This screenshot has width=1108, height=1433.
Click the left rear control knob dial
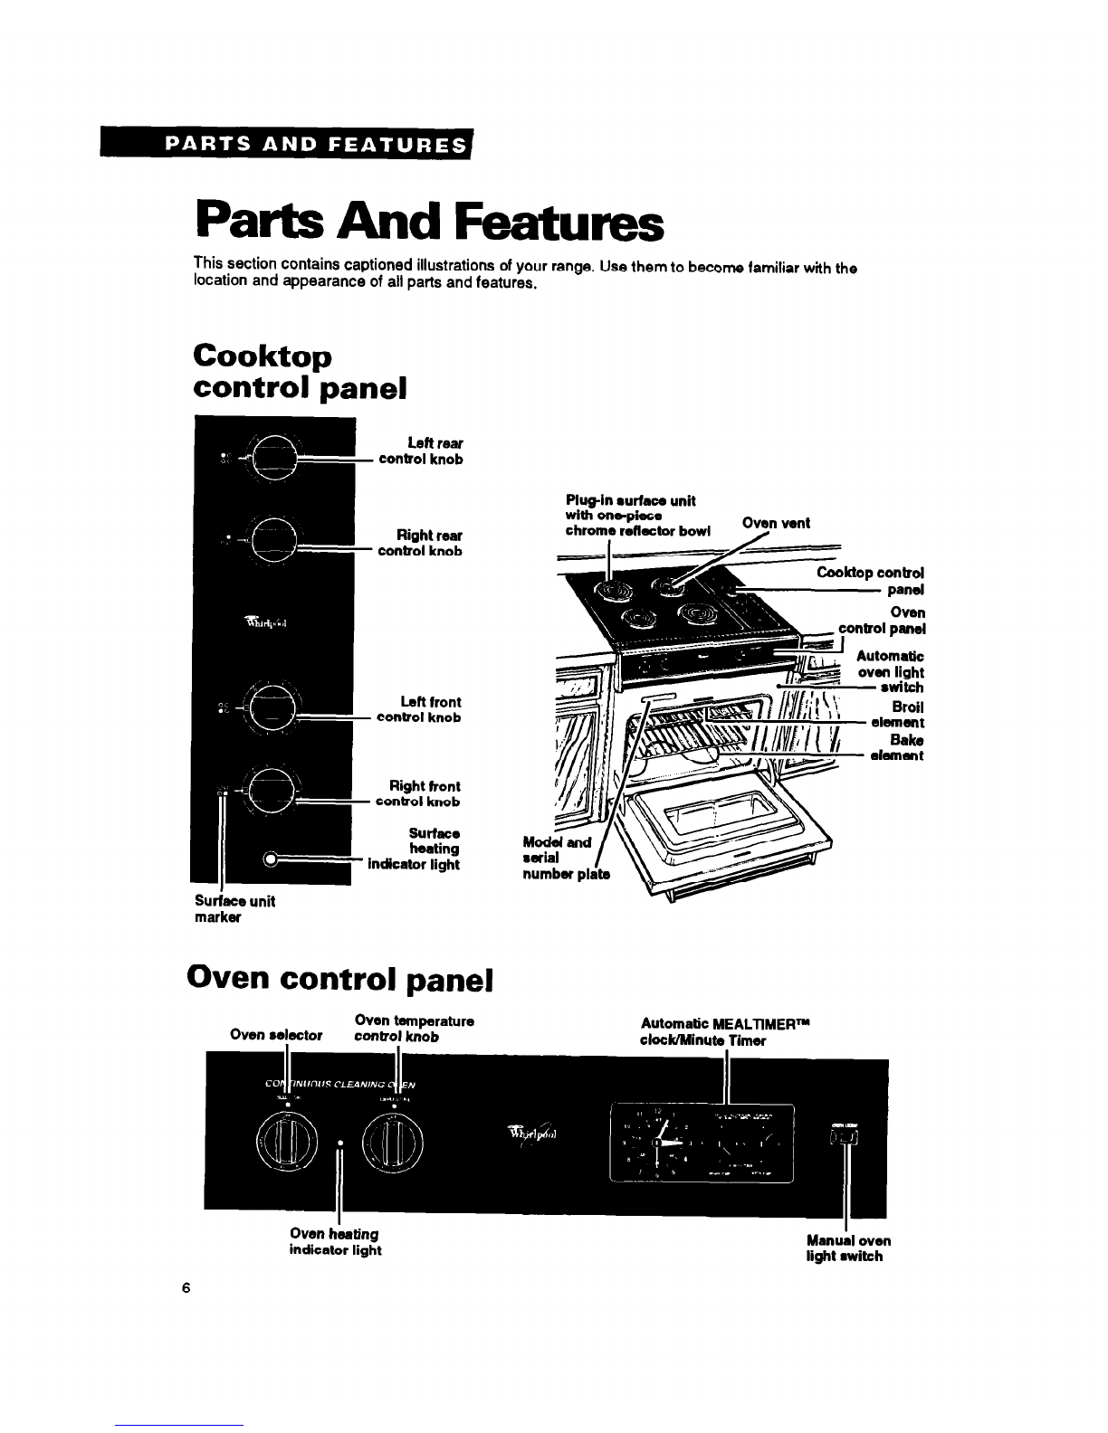(x=272, y=456)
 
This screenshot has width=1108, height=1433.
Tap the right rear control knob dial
(x=272, y=546)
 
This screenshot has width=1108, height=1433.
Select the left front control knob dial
(x=272, y=712)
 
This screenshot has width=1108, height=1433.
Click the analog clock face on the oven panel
(x=656, y=1144)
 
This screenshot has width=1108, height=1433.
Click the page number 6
(x=184, y=1289)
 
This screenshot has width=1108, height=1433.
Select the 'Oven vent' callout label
(x=776, y=523)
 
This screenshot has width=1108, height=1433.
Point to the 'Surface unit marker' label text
(x=234, y=909)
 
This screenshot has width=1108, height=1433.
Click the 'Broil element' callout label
(x=898, y=715)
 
